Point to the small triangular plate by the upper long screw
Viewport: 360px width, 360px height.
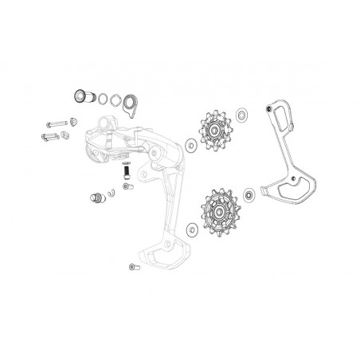[74, 120]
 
